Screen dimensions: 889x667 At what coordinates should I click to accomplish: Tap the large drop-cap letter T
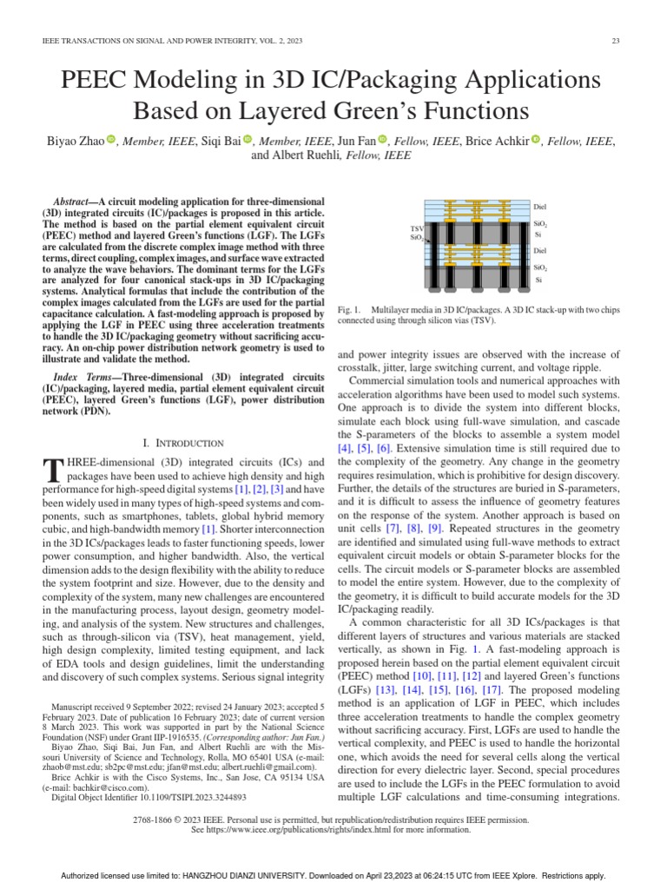(51, 470)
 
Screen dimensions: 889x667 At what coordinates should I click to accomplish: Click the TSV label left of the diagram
(416, 228)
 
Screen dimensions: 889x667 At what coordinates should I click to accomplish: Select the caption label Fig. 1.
(347, 310)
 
